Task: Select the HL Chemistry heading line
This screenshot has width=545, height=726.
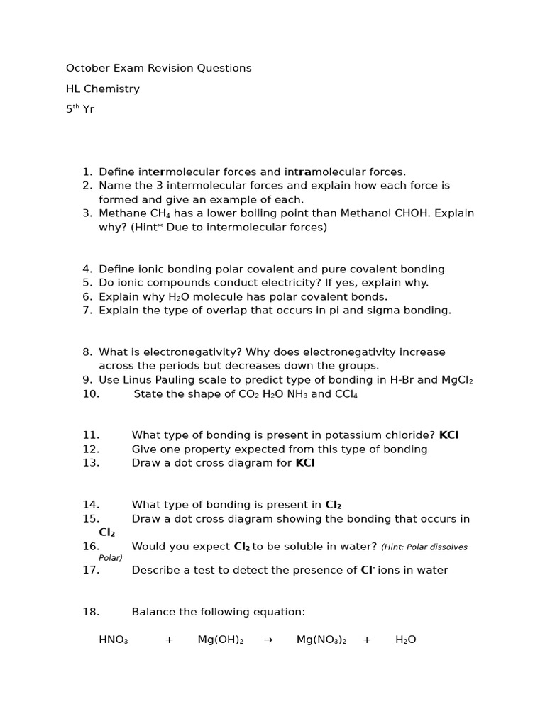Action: pos(103,89)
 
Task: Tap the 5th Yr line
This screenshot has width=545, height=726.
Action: pos(80,109)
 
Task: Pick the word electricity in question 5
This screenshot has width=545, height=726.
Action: pos(280,283)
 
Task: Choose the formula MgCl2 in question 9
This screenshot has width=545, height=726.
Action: pos(457,380)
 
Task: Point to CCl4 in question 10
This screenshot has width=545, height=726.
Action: pos(346,394)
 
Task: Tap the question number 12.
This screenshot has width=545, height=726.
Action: pos(91,449)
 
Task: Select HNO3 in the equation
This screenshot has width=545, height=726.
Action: pos(114,640)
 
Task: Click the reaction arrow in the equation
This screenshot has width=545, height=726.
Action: pos(268,640)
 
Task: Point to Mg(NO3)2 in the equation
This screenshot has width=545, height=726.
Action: pos(321,640)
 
